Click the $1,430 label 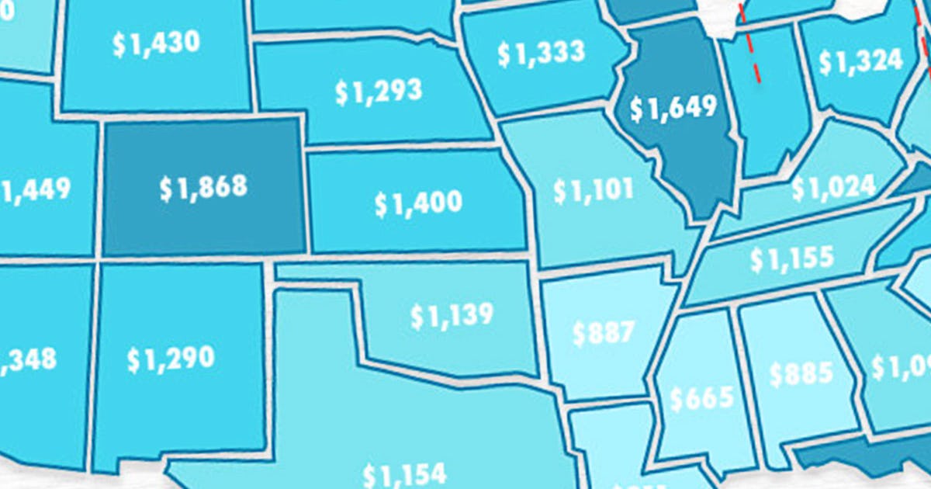(x=157, y=43)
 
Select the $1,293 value (x=379, y=91)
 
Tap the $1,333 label (x=541, y=53)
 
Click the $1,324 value (x=860, y=61)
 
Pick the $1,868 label (x=204, y=187)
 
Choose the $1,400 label (x=418, y=203)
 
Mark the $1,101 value (x=594, y=190)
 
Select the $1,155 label (x=791, y=258)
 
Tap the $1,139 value (x=452, y=315)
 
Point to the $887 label (x=603, y=332)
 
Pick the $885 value (x=801, y=375)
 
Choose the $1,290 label (x=171, y=358)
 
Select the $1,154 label (x=404, y=473)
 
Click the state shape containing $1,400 (x=418, y=175)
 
